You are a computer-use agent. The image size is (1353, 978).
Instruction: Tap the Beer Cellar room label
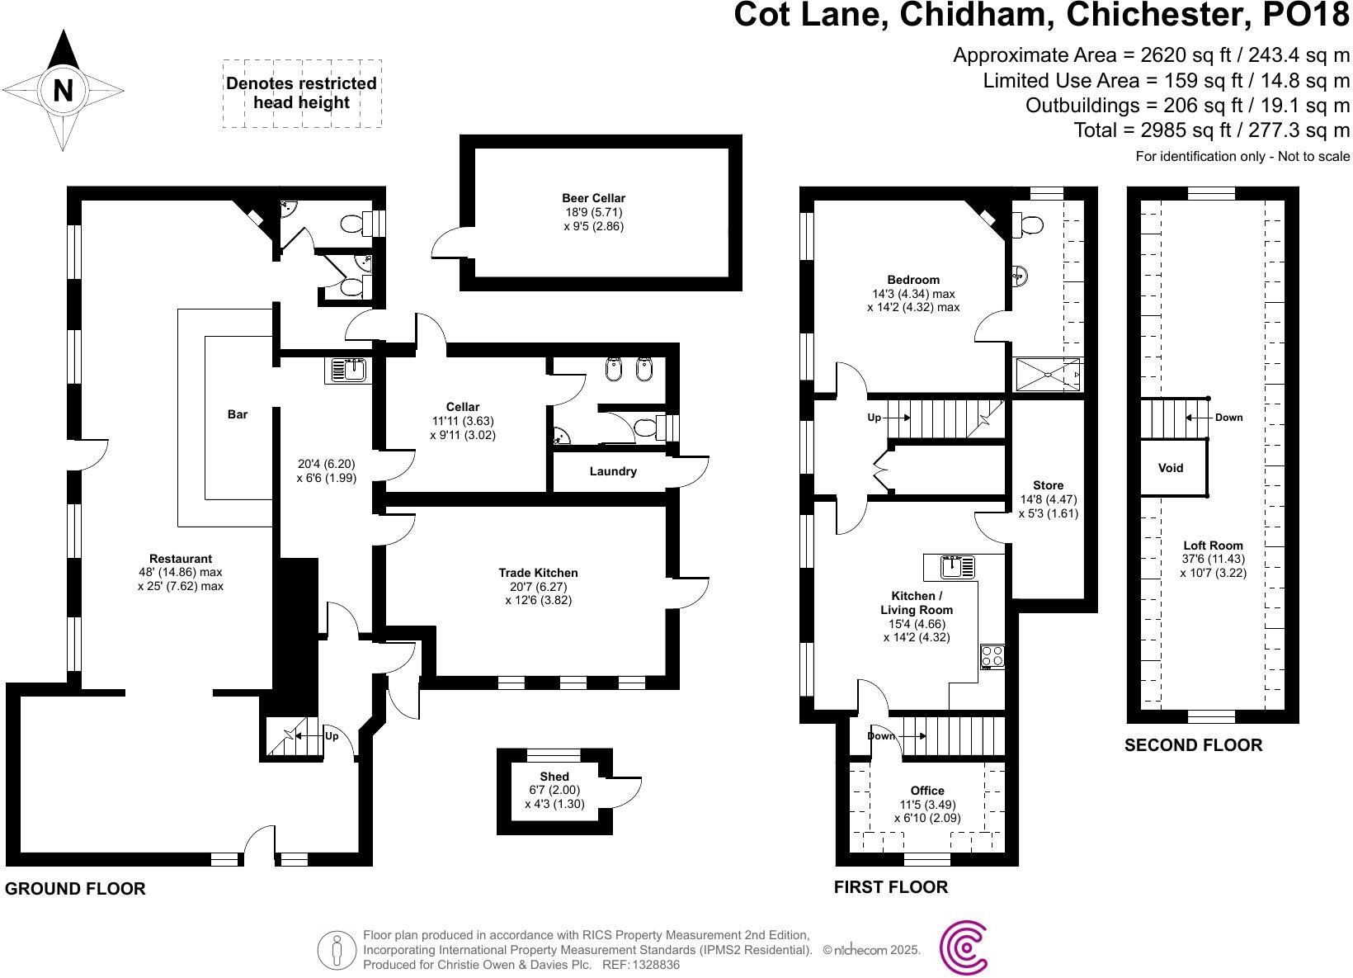(593, 198)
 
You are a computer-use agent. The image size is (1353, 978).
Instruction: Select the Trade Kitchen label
(538, 573)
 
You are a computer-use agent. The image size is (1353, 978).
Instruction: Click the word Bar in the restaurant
(238, 414)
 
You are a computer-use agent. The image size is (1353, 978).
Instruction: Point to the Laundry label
(613, 471)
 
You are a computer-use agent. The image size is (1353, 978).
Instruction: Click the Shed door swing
(625, 792)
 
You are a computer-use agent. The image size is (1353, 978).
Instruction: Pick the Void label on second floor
(1171, 468)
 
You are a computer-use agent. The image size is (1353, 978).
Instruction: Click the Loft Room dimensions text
(1213, 566)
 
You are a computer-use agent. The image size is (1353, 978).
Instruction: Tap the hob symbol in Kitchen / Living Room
(992, 657)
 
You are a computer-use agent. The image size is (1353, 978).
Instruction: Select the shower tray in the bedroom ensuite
(1047, 374)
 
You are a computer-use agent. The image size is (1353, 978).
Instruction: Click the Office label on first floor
(927, 791)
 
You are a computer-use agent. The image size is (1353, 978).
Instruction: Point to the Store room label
(1048, 485)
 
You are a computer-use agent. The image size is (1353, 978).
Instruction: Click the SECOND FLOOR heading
(1193, 745)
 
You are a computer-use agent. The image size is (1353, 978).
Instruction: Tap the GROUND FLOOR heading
(75, 889)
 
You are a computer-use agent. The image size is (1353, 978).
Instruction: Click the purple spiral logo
(964, 949)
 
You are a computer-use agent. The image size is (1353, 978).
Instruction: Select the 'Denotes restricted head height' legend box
(302, 93)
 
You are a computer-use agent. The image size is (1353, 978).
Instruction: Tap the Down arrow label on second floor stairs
(1228, 418)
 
